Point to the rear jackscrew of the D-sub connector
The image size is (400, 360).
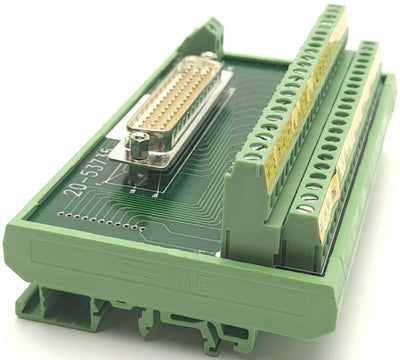pyautogui.click(x=207, y=58)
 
